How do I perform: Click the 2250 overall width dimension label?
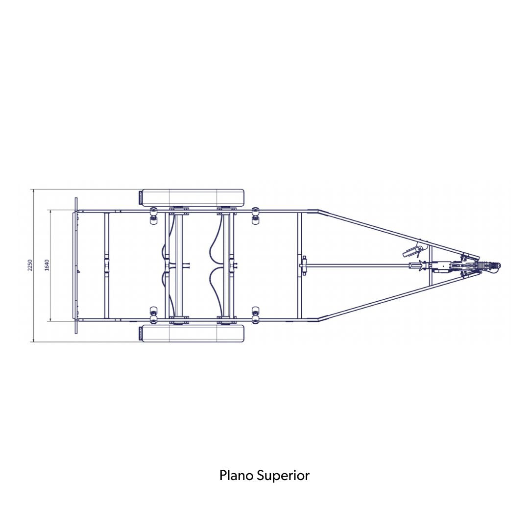(30, 265)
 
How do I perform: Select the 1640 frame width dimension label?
(47, 265)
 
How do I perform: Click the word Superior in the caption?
(283, 476)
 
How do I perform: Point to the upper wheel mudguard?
(192, 198)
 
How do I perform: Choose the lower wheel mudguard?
(192, 334)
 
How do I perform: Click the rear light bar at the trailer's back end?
(76, 265)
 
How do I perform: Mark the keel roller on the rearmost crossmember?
(107, 265)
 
